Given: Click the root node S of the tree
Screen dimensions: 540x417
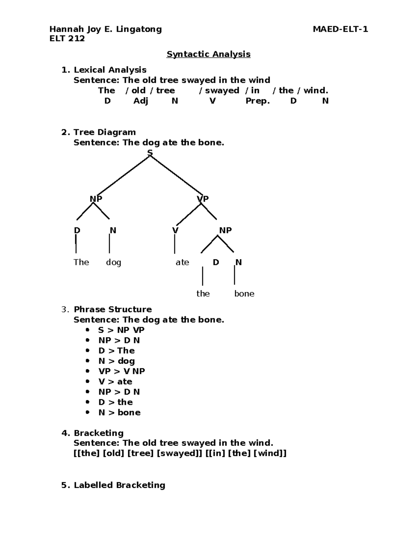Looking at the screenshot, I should tap(150, 153).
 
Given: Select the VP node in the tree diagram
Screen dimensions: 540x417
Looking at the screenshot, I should tap(203, 199).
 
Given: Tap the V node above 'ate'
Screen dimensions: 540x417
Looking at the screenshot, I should tap(175, 231).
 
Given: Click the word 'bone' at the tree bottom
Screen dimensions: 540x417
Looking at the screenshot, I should tap(244, 294).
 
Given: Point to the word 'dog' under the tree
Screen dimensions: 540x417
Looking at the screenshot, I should tap(113, 263).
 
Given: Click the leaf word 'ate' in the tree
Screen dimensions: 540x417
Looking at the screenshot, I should tap(182, 263).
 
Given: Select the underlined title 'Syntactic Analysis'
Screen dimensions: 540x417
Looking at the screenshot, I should tap(208, 54).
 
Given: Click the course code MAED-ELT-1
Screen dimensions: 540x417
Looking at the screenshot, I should tap(340, 29).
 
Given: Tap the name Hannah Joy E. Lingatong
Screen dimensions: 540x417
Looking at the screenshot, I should tap(106, 29).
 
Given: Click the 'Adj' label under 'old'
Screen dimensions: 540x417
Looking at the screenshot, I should tap(141, 101).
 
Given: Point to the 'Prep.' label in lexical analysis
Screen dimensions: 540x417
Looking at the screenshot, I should tap(257, 101).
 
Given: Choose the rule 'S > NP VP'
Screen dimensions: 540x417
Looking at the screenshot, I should tap(121, 330).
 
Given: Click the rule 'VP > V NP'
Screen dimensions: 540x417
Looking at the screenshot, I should tap(122, 371).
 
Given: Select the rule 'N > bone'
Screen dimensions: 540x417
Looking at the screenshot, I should tap(120, 413).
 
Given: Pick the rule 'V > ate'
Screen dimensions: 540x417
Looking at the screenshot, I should tap(115, 382).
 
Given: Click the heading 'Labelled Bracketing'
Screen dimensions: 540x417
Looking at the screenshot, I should tap(119, 485).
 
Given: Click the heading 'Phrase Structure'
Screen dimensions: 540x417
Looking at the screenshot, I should tap(113, 309).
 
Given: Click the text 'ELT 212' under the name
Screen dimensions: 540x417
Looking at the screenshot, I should tap(67, 39).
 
